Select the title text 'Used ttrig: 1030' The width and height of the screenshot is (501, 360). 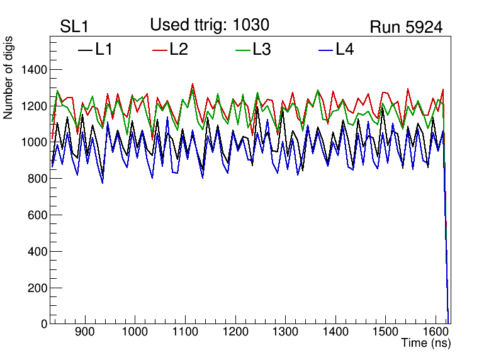tap(210, 25)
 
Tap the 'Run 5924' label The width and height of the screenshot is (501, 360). tap(405, 27)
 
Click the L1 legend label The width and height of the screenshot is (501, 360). tap(104, 49)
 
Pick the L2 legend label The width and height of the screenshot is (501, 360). tap(179, 49)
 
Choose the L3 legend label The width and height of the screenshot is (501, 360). tap(261, 49)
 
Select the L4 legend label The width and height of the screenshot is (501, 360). tap(344, 49)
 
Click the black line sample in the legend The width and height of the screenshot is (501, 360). tap(85, 50)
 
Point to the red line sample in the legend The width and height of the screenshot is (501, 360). tap(160, 50)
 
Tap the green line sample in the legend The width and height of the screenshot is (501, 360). tap(242, 50)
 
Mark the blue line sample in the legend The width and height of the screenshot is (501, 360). tap(325, 50)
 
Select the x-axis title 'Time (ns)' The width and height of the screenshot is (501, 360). tap(426, 344)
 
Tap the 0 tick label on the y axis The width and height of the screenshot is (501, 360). tap(44, 324)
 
